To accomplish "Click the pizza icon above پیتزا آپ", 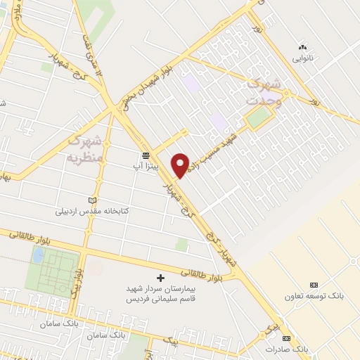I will tap(146, 155).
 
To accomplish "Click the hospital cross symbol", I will tap(160, 278).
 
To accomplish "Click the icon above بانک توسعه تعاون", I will tap(314, 285).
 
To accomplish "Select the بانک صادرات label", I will tap(287, 349).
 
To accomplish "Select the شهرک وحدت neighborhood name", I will tap(265, 94).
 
